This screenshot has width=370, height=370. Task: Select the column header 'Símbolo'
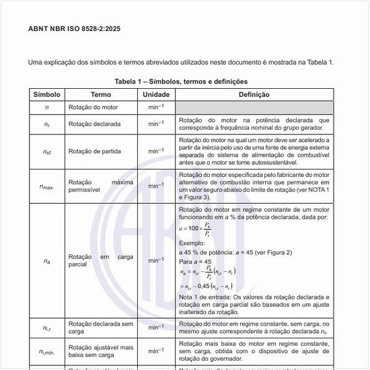pyautogui.click(x=46, y=94)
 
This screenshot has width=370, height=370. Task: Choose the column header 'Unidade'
pyautogui.click(x=156, y=94)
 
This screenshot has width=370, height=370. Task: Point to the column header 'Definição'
pyautogui.click(x=254, y=94)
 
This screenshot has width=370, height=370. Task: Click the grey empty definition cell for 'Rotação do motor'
pyautogui.click(x=254, y=107)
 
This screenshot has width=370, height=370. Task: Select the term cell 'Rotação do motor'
pyautogui.click(x=94, y=107)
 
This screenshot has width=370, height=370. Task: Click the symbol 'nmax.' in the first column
pyautogui.click(x=46, y=186)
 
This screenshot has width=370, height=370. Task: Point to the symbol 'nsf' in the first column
pyautogui.click(x=46, y=152)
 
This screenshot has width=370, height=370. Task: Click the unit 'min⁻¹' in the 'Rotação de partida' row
pyautogui.click(x=156, y=151)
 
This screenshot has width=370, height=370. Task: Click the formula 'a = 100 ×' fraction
pyautogui.click(x=195, y=229)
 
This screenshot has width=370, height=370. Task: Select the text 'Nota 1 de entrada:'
pyautogui.click(x=207, y=297)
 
